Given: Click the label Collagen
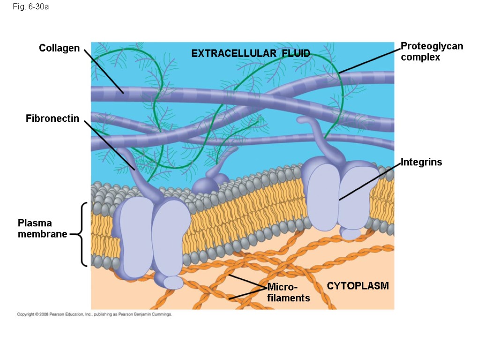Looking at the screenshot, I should click(x=59, y=48).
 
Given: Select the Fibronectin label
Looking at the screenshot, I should click(x=52, y=119).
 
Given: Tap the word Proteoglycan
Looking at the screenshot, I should click(x=432, y=46).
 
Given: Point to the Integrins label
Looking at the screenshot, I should click(x=421, y=162).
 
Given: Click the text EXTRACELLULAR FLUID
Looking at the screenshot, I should click(x=251, y=53).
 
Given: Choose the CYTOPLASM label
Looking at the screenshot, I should click(x=358, y=286).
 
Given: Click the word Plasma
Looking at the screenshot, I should click(x=35, y=223).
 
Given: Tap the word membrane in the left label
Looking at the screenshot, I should click(x=43, y=233).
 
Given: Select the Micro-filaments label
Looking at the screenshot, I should click(x=288, y=292).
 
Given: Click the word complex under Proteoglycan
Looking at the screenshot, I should click(x=420, y=58).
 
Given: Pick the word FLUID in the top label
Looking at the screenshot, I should click(x=296, y=53).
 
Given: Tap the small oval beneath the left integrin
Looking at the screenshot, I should click(x=172, y=282).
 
